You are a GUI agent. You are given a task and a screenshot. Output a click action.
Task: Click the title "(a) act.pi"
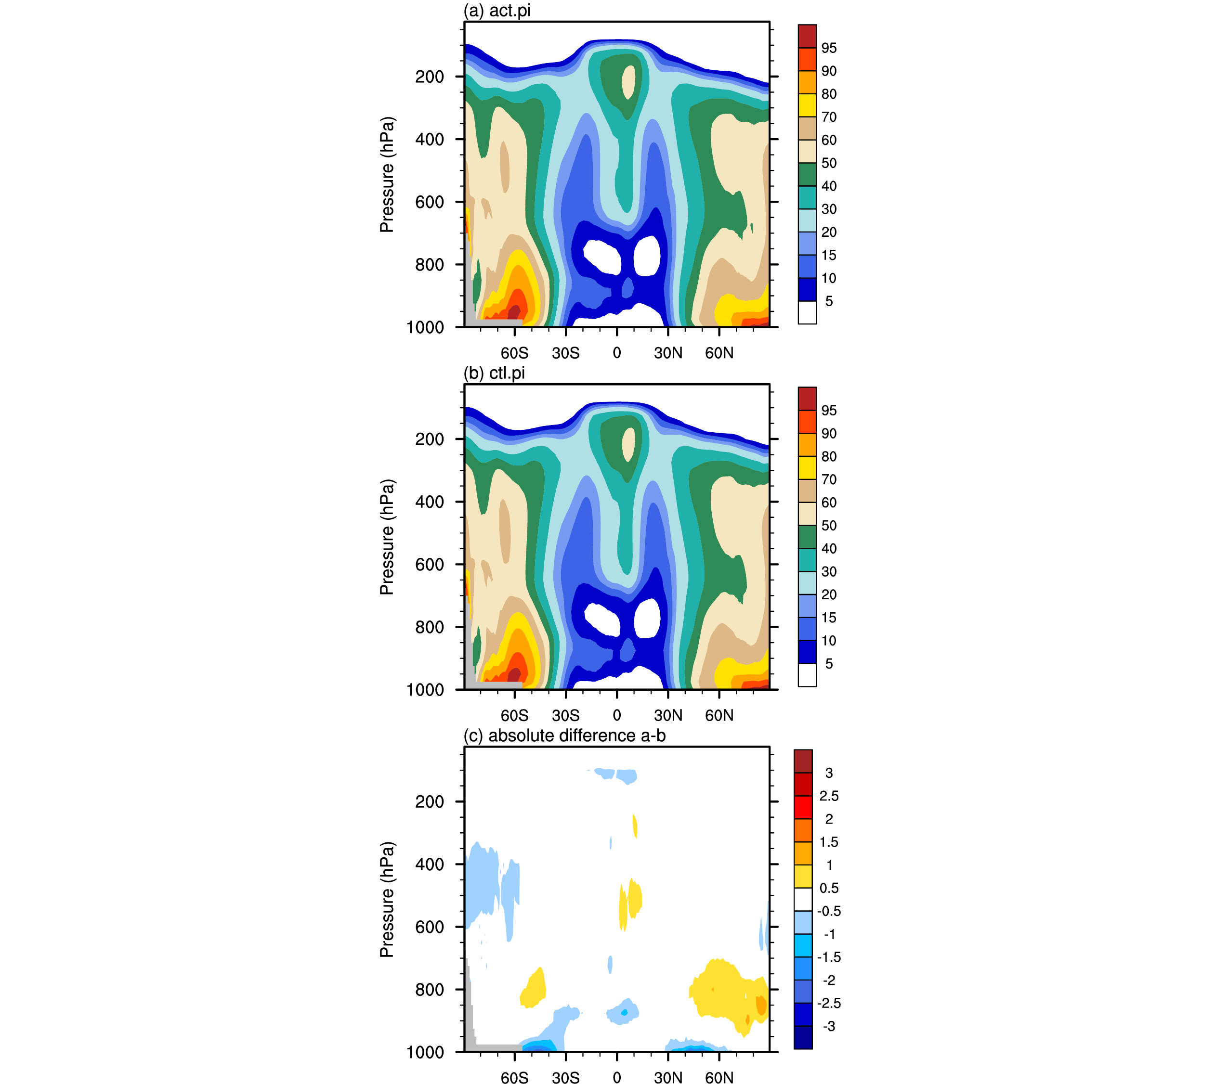click(x=497, y=11)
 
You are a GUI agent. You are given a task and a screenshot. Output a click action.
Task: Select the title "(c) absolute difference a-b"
click(x=564, y=736)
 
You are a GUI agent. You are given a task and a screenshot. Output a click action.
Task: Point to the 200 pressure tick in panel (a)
click(x=430, y=77)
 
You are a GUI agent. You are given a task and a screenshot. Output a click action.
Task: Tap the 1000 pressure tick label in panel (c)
click(x=425, y=1052)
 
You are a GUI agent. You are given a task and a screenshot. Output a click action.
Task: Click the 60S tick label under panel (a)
click(x=514, y=353)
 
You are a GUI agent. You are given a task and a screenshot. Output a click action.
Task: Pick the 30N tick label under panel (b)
click(x=668, y=715)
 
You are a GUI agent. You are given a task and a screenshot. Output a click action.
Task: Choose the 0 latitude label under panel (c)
click(x=617, y=1077)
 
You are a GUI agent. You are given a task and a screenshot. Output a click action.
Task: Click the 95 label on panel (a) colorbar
click(x=829, y=48)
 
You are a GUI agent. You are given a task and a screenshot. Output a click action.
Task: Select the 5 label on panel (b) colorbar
click(x=829, y=664)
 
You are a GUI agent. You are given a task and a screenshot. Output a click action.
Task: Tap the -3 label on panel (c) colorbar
click(x=829, y=1026)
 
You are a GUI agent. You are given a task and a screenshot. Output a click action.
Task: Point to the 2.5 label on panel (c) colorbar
click(x=829, y=796)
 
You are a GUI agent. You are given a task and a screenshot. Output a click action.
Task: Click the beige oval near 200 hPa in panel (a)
click(x=628, y=82)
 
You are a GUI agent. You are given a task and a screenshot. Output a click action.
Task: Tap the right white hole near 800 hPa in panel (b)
click(x=647, y=619)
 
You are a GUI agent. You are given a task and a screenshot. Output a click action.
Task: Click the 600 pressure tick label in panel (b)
click(x=430, y=565)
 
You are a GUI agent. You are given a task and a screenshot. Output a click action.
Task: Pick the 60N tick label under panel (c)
click(x=719, y=1077)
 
